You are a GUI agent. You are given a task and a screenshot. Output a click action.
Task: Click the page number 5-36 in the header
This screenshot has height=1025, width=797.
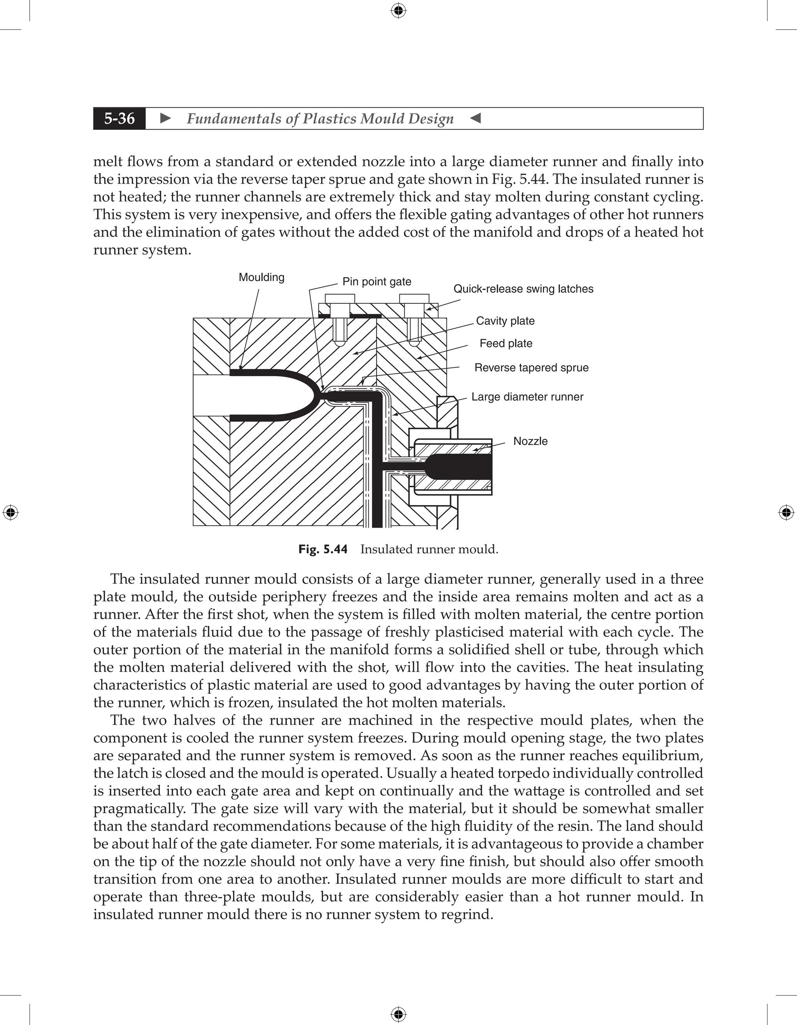119,118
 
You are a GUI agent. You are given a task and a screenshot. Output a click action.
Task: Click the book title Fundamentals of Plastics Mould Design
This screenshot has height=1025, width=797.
320,119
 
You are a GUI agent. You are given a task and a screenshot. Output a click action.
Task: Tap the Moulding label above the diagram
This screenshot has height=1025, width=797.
262,277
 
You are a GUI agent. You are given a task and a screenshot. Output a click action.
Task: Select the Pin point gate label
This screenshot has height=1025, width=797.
377,282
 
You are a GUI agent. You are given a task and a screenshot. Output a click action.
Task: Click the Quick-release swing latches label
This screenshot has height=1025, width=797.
523,289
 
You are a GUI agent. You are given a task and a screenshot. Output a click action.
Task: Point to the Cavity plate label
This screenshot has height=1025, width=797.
506,321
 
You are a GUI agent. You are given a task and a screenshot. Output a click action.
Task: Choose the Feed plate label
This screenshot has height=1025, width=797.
506,343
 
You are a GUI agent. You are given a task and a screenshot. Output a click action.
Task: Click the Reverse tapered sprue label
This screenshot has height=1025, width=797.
531,367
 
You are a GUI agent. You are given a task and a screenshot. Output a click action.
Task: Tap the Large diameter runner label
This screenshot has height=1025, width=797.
527,397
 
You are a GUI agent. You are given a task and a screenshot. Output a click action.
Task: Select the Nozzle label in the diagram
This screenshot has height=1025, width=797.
530,441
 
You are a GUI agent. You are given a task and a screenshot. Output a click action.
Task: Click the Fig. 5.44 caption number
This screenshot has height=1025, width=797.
323,549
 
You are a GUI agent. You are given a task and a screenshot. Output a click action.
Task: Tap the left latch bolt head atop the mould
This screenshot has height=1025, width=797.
340,299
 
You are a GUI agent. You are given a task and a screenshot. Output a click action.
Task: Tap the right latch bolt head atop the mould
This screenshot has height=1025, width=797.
414,299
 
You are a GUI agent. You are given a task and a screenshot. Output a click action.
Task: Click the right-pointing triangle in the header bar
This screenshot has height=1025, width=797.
165,118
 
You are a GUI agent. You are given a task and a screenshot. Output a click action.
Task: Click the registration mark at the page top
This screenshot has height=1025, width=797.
398,10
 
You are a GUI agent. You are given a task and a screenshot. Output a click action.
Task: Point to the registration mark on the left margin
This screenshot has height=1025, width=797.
11,512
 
